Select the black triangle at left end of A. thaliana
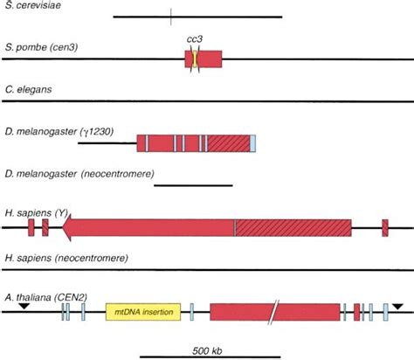[x=24, y=306]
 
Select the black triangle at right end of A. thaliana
[x=398, y=306]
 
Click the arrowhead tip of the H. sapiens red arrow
[x=65, y=227]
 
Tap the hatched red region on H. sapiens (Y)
[x=293, y=227]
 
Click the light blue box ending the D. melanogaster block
[x=252, y=143]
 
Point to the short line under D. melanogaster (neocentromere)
[x=193, y=185]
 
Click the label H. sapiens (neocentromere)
[x=66, y=259]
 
